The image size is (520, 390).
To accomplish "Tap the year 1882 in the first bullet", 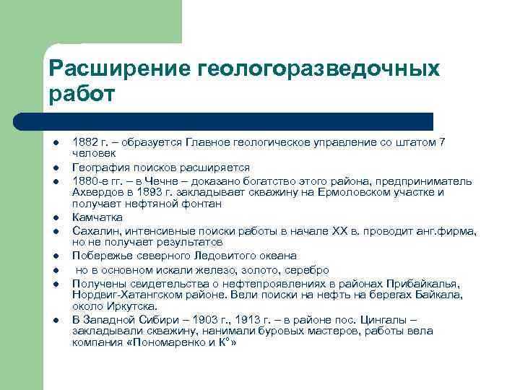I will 86,142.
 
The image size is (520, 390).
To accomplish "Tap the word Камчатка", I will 97,217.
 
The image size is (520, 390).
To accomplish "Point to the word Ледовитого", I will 211,256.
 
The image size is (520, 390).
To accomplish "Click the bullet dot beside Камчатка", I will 54,217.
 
